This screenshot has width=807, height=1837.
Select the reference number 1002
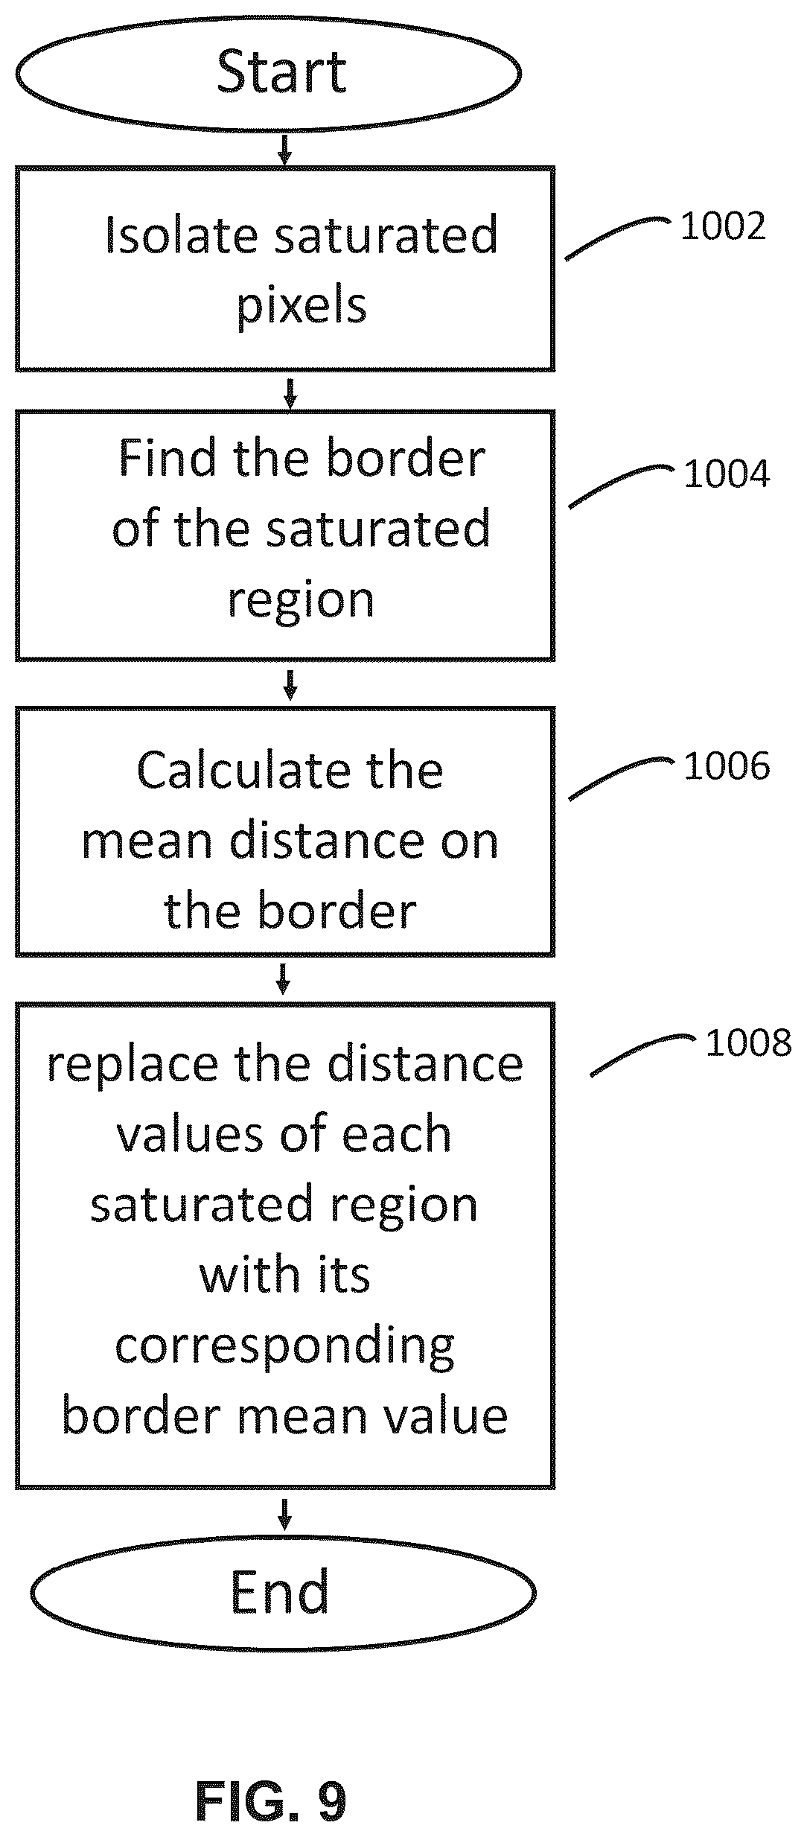coord(723,226)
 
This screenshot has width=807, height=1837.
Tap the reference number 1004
coord(727,474)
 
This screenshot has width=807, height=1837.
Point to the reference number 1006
coord(727,766)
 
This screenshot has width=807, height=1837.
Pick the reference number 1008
coord(748,1042)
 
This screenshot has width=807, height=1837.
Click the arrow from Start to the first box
coord(284,149)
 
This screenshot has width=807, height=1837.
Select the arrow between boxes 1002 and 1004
coord(290,392)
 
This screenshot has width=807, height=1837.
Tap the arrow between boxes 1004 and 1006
coord(290,684)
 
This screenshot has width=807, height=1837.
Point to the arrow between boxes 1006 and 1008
coord(283,978)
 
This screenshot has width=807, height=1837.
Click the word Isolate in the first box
coord(179,235)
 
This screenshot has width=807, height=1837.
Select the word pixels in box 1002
coord(302,305)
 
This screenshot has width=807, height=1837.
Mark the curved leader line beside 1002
coord(617,237)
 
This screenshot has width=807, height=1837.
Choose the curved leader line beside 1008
coord(642,1054)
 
